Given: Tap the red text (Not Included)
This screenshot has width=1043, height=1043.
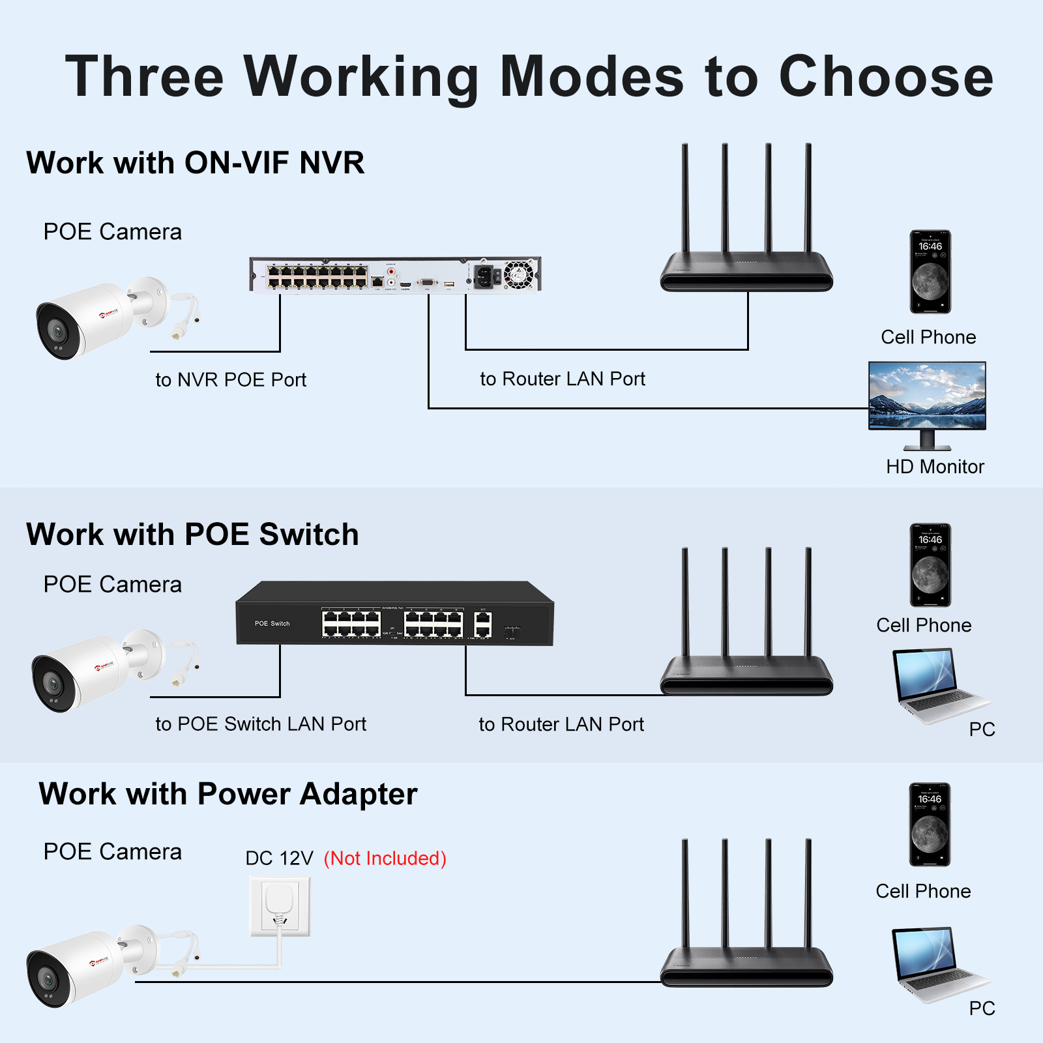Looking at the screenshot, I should pos(385,859).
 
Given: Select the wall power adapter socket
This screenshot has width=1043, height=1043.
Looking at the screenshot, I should pos(280,906).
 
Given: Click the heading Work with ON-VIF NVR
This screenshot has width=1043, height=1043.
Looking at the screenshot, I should pos(195,163).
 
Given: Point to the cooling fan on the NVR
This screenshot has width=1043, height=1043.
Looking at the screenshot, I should pos(519,274).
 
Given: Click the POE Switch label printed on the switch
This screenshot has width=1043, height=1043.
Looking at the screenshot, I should pos(272,624).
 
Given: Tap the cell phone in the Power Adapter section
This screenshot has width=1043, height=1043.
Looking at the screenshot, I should pos(930,825).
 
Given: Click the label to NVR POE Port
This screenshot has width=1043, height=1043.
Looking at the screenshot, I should pos(231,380).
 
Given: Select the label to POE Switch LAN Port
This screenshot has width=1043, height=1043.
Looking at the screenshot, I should pos(261,724).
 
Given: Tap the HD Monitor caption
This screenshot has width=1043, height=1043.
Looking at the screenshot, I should pos(935,467).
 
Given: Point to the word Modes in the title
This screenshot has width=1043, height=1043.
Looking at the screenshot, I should pos(591,77).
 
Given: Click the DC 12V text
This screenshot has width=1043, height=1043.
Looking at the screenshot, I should pos(279,859).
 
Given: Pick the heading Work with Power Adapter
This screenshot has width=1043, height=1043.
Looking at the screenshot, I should pos(228,794).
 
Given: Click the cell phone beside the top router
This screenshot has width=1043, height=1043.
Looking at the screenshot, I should pos(930,272).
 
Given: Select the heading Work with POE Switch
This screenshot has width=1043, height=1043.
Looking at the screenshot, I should pos(192,535).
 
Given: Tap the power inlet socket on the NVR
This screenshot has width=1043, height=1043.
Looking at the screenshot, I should pos(483,276).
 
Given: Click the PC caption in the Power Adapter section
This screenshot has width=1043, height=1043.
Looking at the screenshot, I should pos(982,1008).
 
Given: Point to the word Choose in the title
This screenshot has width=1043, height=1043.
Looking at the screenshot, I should pos(886,77).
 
